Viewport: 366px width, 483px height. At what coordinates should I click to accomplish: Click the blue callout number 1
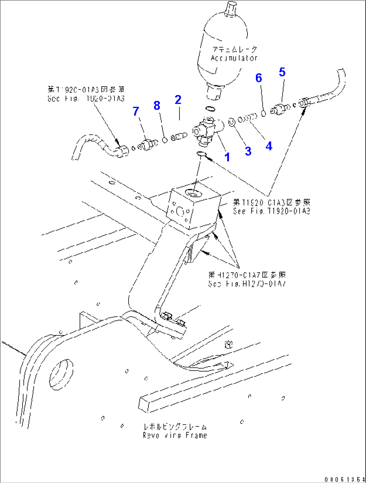[x=227, y=157]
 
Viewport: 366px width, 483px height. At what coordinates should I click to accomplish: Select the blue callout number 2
[x=178, y=100]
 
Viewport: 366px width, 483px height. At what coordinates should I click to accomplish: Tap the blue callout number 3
[x=248, y=151]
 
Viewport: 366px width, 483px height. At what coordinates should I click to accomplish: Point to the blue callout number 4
[x=269, y=146]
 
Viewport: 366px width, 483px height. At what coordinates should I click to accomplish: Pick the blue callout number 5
[x=282, y=72]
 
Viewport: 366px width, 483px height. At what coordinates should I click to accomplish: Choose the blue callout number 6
[x=259, y=78]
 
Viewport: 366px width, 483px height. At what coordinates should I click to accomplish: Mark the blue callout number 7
[x=136, y=111]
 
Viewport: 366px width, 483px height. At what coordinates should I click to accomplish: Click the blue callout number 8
[x=157, y=106]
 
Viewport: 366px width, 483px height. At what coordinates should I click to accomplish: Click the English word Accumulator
[x=234, y=58]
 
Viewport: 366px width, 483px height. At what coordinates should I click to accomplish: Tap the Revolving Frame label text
[x=175, y=435]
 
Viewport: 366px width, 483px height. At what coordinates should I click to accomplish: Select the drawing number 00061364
[x=345, y=479]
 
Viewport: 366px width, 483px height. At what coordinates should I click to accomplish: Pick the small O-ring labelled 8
[x=165, y=140]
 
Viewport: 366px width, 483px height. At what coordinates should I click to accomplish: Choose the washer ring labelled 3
[x=232, y=122]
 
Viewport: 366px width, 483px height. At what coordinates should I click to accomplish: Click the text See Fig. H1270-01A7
[x=247, y=283]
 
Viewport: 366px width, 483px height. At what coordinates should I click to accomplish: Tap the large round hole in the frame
[x=61, y=375]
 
